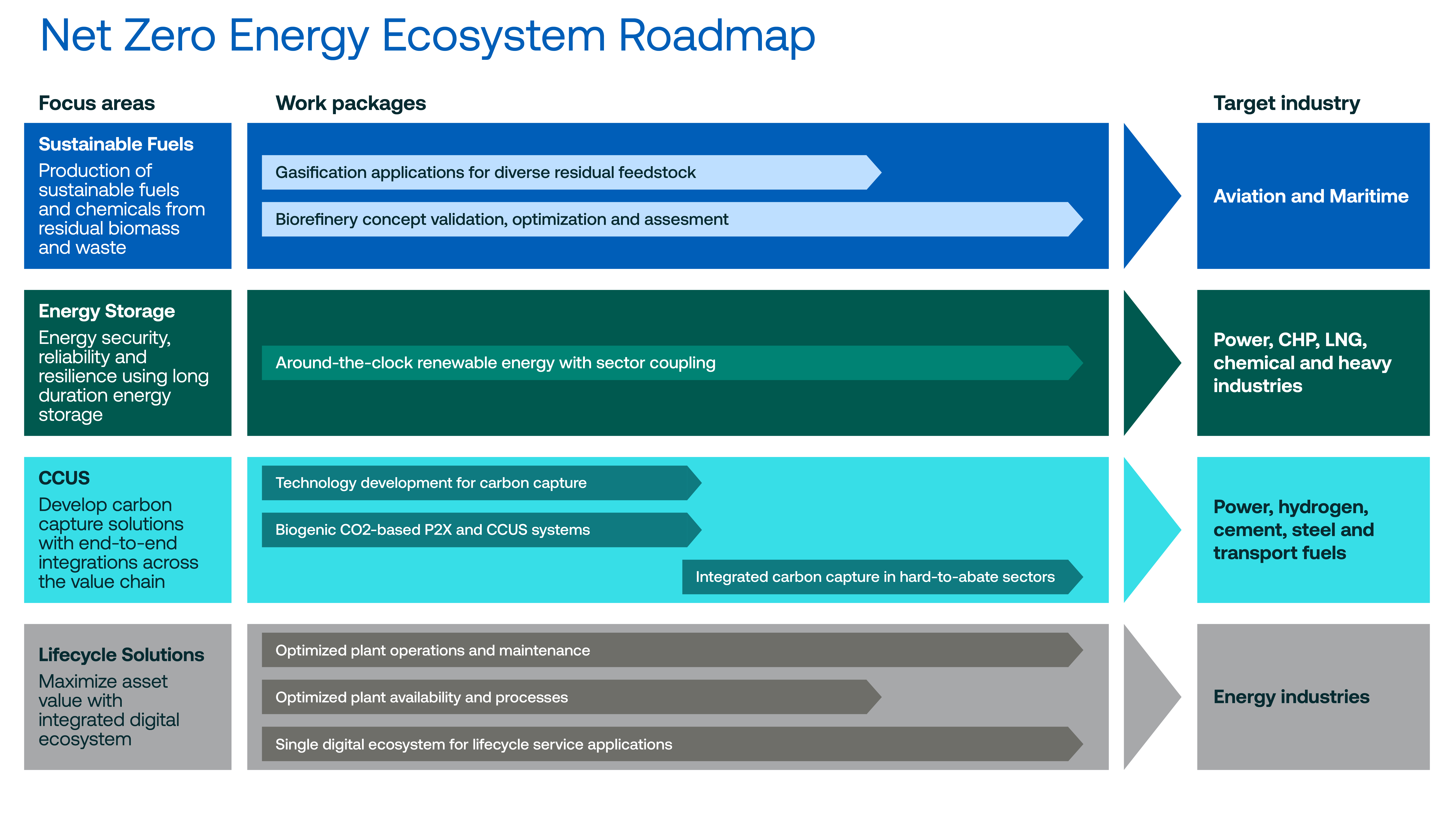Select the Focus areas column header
tap(97, 103)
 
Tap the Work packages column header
tap(351, 103)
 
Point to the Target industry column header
tap(1287, 103)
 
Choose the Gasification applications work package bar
tap(571, 172)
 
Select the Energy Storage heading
tap(107, 311)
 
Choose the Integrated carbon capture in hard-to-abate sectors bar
tap(882, 577)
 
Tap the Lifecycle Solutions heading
tap(121, 655)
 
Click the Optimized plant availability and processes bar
tap(571, 697)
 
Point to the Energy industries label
tap(1292, 697)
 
